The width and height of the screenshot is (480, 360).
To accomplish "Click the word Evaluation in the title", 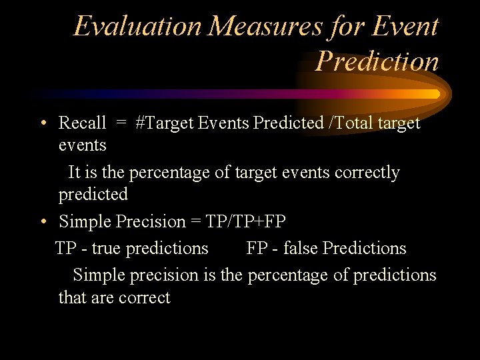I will tap(137, 27).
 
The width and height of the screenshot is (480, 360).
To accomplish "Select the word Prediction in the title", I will tap(377, 61).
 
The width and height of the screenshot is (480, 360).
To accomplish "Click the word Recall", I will tap(82, 123).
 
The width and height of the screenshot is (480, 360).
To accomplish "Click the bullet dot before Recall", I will tap(42, 123).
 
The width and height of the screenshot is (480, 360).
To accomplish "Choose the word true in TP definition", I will tap(106, 248).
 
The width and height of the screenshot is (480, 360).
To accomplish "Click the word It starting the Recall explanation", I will tap(74, 173).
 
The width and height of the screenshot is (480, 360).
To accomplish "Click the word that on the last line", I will tap(70, 297).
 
